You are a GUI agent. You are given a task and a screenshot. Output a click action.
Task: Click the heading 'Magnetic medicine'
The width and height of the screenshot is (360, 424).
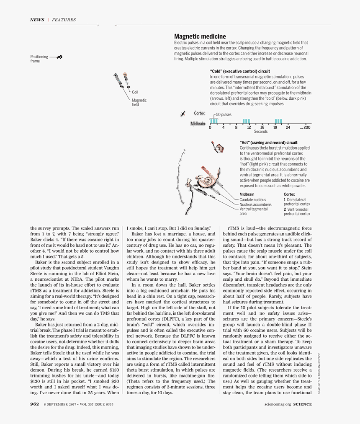pos(200,37)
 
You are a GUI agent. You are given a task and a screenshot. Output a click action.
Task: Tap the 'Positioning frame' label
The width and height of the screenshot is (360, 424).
pos(39,59)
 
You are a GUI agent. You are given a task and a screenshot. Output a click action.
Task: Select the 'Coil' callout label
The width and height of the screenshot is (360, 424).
pos(135,92)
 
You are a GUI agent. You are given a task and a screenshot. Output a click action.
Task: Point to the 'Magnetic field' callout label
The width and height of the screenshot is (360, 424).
pos(139,102)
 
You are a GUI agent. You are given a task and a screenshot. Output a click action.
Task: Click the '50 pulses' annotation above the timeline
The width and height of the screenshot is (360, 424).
pos(224,114)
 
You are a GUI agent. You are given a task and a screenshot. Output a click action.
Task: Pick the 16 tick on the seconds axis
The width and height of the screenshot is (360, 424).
pos(262,127)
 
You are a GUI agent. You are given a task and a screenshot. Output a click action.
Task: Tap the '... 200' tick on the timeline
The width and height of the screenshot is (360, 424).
pos(305,127)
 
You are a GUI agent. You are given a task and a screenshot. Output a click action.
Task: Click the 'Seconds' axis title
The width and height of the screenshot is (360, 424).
pos(261,132)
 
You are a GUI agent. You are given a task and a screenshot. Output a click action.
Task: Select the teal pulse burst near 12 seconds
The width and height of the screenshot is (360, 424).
pos(246,121)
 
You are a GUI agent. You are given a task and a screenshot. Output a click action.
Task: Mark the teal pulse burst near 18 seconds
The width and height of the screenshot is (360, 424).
pos(278,121)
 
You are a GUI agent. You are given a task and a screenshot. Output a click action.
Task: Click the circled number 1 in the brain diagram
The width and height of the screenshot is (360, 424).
pos(219,148)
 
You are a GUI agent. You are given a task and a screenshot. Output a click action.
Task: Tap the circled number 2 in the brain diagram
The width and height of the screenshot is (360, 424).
pos(208,181)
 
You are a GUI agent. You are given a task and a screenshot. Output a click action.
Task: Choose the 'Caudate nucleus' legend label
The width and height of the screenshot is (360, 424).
pos(252,200)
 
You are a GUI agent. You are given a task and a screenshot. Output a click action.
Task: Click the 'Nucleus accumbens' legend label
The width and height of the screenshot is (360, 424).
pos(255,204)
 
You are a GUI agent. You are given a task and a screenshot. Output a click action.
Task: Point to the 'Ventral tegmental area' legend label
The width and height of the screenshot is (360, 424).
pos(253,211)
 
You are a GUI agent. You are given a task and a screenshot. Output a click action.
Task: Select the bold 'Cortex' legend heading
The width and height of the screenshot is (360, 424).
pos(289,194)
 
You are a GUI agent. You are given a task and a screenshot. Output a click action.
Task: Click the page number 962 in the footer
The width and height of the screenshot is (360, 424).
pos(35,404)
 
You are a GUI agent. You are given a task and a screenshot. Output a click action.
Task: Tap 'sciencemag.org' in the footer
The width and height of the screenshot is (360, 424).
pos(278,404)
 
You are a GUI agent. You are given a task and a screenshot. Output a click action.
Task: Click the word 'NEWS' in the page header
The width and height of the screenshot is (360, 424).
pos(37,20)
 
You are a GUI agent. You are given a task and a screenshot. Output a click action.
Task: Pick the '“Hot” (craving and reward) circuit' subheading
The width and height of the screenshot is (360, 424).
pos(268,142)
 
